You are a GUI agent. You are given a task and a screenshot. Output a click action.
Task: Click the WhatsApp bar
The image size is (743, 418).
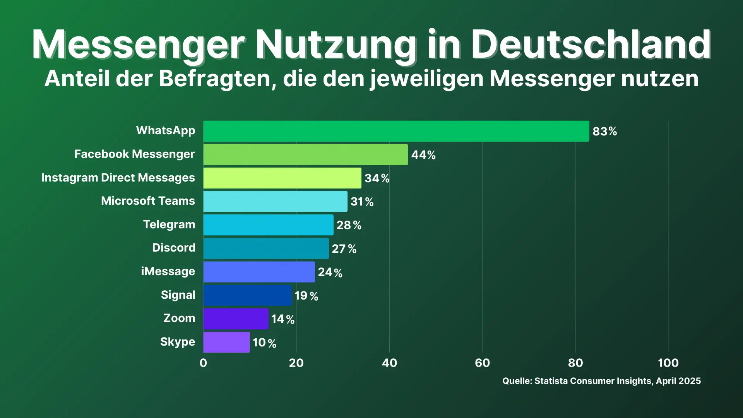coord(396,131)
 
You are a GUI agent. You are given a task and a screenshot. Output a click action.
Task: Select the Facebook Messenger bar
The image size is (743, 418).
coord(305,155)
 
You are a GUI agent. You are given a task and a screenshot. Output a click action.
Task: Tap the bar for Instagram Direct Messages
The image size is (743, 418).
coord(282,178)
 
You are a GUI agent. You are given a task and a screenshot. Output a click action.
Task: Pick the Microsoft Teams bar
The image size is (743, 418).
coord(275,202)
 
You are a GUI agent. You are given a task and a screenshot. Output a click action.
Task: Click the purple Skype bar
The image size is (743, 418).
coord(226,342)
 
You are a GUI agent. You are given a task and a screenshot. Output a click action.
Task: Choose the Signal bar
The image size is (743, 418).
coord(247,295)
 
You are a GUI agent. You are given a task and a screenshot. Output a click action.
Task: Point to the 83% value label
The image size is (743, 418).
coord(604,132)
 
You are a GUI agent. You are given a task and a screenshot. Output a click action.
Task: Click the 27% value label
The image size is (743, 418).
coord(344,249)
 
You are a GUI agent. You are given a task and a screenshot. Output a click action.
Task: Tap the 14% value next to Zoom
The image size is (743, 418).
coord(283,319)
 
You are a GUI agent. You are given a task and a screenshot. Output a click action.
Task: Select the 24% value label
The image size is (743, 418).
coord(330,272)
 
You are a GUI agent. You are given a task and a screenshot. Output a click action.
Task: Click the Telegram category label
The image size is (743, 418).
coord(169,225)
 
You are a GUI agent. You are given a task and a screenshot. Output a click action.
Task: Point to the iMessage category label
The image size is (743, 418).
coord(168,272)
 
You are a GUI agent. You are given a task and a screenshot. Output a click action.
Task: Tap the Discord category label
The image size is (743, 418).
coord(174,248)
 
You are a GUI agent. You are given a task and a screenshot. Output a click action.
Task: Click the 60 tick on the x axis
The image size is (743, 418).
coord(482,363)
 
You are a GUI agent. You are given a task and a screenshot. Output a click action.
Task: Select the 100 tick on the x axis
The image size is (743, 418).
coord(668,363)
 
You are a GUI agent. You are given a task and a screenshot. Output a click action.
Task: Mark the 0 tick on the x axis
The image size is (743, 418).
coord(203,363)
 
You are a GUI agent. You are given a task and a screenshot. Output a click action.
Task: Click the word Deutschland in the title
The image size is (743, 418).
coord(591,45)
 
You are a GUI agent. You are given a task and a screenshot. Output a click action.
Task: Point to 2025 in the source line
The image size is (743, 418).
coord(690,381)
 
